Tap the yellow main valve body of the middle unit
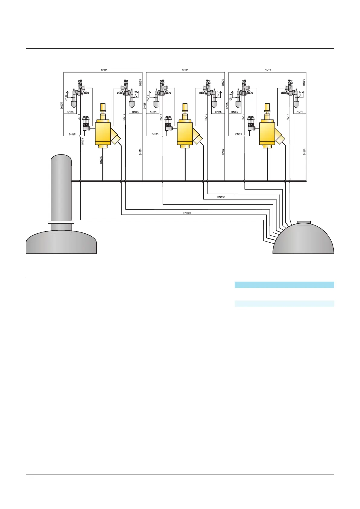185,133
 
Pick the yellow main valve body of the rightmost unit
267,133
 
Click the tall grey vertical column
61,187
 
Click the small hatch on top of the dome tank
303,223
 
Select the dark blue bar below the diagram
284,285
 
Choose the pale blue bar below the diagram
284,304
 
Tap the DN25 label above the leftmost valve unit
104,70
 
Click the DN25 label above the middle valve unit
185,70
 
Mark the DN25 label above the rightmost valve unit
268,70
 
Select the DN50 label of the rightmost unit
305,152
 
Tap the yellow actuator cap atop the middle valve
185,107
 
